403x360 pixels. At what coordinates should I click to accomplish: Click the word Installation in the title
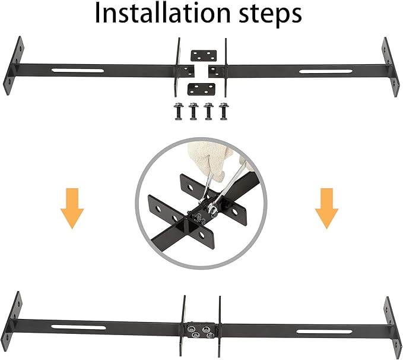click(163, 13)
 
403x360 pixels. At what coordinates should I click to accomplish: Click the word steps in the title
click(270, 15)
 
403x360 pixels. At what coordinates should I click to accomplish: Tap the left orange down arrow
click(72, 209)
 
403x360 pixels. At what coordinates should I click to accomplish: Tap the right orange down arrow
click(326, 209)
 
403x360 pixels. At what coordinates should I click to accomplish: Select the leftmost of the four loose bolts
click(178, 111)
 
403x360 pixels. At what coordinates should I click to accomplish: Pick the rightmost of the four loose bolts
click(224, 111)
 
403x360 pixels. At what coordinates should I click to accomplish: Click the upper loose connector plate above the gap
click(204, 56)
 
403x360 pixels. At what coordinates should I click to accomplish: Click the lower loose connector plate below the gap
click(201, 89)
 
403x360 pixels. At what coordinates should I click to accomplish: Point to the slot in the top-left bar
click(78, 70)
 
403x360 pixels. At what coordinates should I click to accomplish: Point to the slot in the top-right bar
click(326, 71)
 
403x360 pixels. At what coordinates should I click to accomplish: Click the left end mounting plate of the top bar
click(14, 65)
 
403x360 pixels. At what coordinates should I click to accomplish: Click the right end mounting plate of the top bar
click(391, 67)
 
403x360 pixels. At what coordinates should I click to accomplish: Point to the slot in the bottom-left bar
click(78, 327)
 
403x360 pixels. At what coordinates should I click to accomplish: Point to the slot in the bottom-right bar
click(324, 331)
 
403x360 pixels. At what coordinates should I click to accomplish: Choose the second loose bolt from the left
click(193, 111)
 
